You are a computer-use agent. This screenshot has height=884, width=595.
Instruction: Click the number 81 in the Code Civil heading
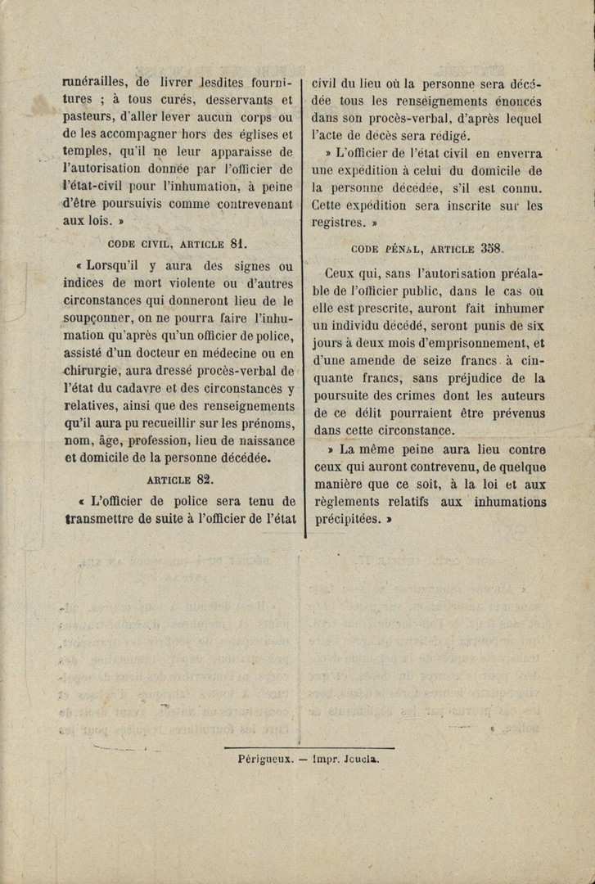coord(238,243)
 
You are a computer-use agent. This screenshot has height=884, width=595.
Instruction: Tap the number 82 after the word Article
coord(204,480)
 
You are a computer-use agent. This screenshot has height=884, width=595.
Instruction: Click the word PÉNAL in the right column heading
coord(396,248)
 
